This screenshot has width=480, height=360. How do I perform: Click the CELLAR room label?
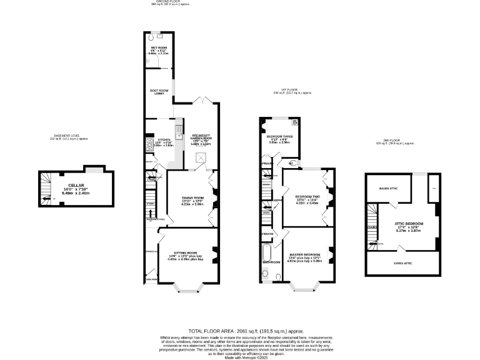point(76,185)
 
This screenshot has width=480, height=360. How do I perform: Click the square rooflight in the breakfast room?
point(202,157)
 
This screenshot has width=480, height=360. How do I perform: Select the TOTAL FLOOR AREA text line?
point(246,331)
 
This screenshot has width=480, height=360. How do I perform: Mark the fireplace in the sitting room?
point(215,253)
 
